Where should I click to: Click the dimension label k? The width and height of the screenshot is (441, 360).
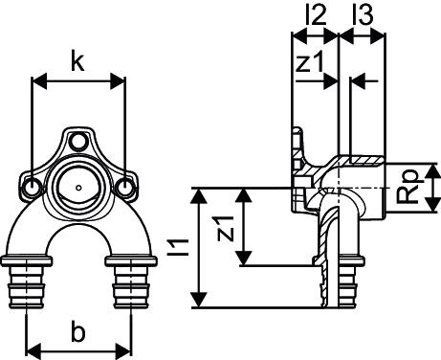[77, 62]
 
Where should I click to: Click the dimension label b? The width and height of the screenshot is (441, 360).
[78, 333]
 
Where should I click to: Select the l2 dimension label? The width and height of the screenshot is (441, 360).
[316, 15]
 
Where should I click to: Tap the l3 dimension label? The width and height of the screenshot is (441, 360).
[363, 15]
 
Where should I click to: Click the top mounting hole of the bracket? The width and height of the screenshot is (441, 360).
[77, 140]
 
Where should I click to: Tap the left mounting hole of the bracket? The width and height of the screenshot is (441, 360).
[33, 186]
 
